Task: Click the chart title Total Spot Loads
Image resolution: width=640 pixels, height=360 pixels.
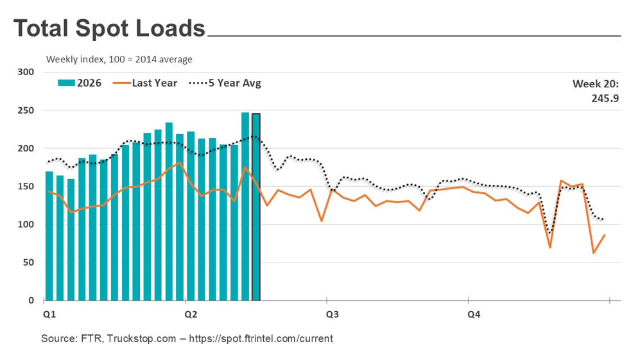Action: pyautogui.click(x=109, y=28)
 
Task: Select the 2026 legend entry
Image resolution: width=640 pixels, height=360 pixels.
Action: pyautogui.click(x=80, y=83)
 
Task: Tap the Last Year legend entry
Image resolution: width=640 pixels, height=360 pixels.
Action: pyautogui.click(x=145, y=83)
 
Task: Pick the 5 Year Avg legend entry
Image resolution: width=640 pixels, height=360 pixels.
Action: pyautogui.click(x=225, y=83)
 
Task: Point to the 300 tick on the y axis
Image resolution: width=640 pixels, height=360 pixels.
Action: pyautogui.click(x=26, y=72)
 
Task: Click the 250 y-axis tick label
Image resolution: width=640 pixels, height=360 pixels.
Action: pyautogui.click(x=26, y=110)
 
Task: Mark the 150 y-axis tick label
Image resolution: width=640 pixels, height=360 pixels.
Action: pyautogui.click(x=26, y=186)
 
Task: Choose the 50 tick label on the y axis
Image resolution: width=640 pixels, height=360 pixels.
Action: pyautogui.click(x=28, y=262)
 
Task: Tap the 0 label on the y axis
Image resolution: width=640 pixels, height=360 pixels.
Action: pyautogui.click(x=31, y=300)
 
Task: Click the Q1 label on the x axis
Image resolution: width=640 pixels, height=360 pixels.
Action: pyautogui.click(x=49, y=314)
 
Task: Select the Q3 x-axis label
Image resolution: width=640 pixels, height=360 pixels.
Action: pyautogui.click(x=333, y=314)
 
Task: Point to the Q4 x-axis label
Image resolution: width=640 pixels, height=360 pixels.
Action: pyautogui.click(x=474, y=314)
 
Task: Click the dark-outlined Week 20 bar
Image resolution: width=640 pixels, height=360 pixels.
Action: pyautogui.click(x=256, y=207)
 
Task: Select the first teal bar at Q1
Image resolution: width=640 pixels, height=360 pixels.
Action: pyautogui.click(x=49, y=236)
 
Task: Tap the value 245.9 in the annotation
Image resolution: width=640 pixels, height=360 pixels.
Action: pyautogui.click(x=605, y=98)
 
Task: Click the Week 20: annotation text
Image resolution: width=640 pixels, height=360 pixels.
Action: pyautogui.click(x=596, y=83)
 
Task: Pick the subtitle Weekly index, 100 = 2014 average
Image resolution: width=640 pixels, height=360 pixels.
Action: pyautogui.click(x=119, y=59)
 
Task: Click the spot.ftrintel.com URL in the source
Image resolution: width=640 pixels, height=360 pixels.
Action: pyautogui.click(x=261, y=338)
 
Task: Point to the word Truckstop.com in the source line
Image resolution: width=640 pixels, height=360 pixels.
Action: pyautogui.click(x=142, y=338)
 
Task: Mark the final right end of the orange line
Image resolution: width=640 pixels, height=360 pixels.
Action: pyautogui.click(x=605, y=235)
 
